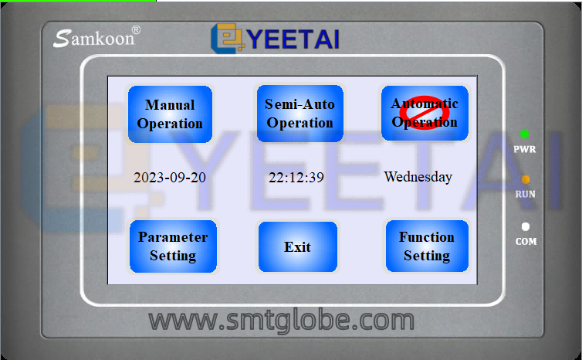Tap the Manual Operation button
170,114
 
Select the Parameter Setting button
173,246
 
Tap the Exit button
298,246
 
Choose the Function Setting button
427,246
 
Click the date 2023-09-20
170,178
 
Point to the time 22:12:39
296,178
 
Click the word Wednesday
418,177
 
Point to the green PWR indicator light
524,134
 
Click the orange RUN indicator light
525,179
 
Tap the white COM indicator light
526,226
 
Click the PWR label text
524,149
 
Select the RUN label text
525,195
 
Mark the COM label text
526,242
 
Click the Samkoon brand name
93,39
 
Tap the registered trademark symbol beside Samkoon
136,30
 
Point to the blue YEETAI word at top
293,39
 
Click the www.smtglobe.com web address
281,321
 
